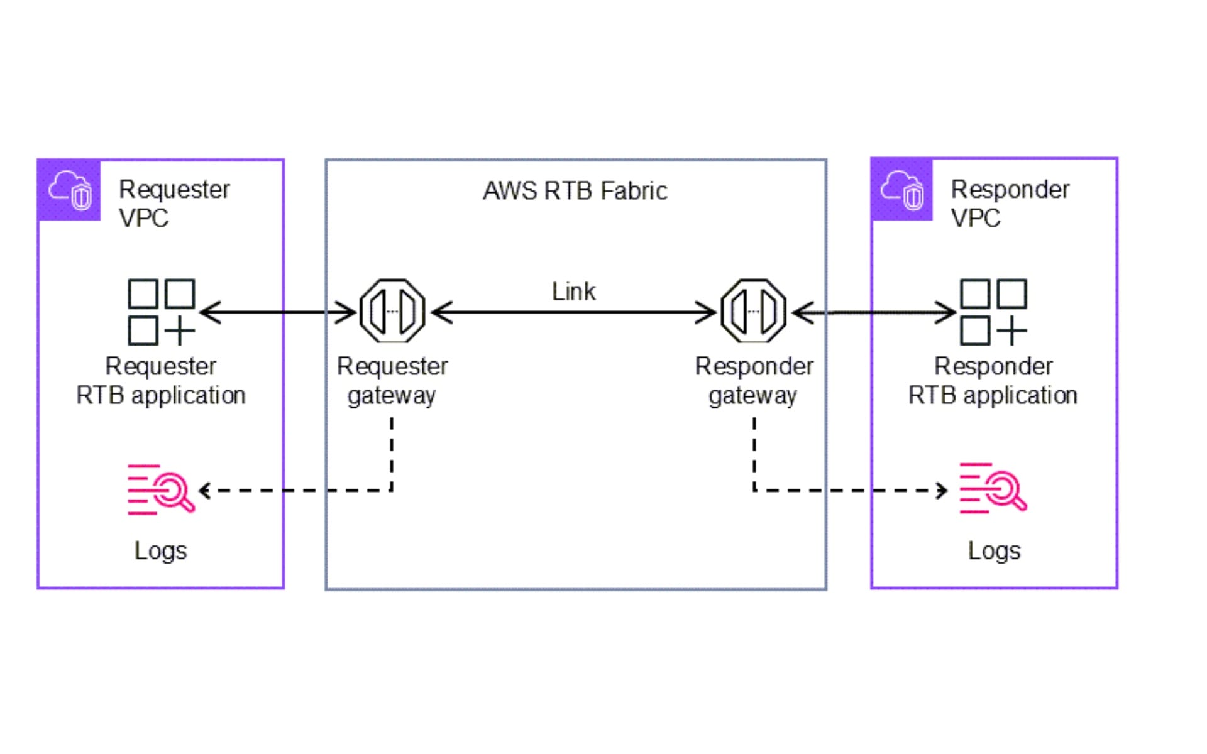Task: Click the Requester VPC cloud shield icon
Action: pos(69,190)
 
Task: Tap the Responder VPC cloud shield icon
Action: pos(901,190)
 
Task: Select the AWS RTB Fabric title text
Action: pos(575,191)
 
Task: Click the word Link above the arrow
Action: pos(573,292)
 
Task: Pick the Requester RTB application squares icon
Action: pos(161,312)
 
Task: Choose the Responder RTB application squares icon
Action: pos(993,312)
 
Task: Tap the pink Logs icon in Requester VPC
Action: pos(160,490)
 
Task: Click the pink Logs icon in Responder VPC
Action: pos(993,489)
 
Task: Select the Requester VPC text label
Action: pos(174,204)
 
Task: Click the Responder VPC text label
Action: pos(1010,204)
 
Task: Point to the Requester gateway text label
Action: pos(392,381)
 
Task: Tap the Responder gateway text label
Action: pos(754,381)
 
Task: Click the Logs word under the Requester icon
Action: pos(160,551)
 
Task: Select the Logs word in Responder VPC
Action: pos(994,551)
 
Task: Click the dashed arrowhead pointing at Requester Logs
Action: pos(204,490)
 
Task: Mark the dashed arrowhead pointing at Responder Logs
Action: pos(942,490)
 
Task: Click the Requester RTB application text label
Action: pos(161,381)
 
